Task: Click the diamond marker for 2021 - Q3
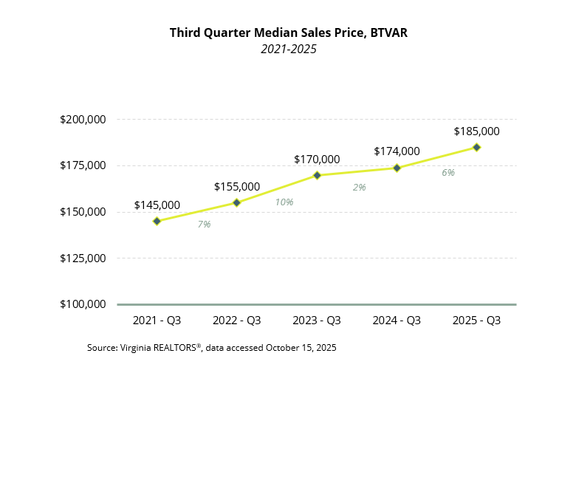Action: pos(157,221)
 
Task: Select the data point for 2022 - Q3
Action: pos(236,202)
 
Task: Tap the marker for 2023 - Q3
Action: pos(317,175)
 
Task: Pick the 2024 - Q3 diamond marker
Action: pos(397,168)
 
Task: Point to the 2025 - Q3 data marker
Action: pos(476,147)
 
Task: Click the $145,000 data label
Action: pos(157,205)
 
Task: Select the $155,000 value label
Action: pos(236,187)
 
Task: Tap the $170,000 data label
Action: pos(317,159)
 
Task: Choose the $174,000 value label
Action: pos(397,151)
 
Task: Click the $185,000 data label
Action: pos(476,131)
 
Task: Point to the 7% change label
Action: pos(204,224)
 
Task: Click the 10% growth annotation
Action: pos(284,202)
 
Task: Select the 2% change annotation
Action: pos(360,187)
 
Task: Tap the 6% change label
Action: pos(448,172)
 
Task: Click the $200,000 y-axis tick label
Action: pos(82,120)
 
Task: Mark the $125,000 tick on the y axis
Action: pos(82,258)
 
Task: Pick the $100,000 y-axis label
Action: pos(82,304)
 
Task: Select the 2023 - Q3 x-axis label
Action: pos(317,321)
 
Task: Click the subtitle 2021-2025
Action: pos(288,49)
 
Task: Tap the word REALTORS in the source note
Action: pos(177,347)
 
